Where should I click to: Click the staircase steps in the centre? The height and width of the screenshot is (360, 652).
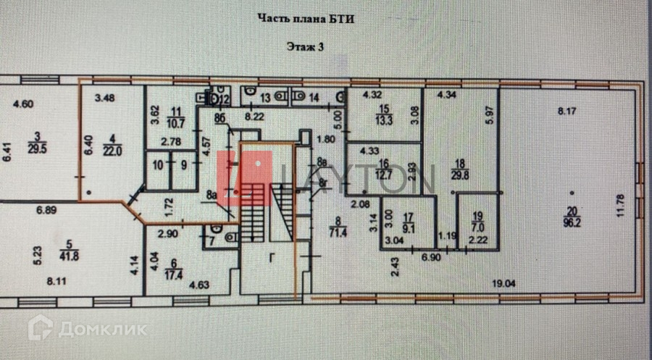254,221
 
